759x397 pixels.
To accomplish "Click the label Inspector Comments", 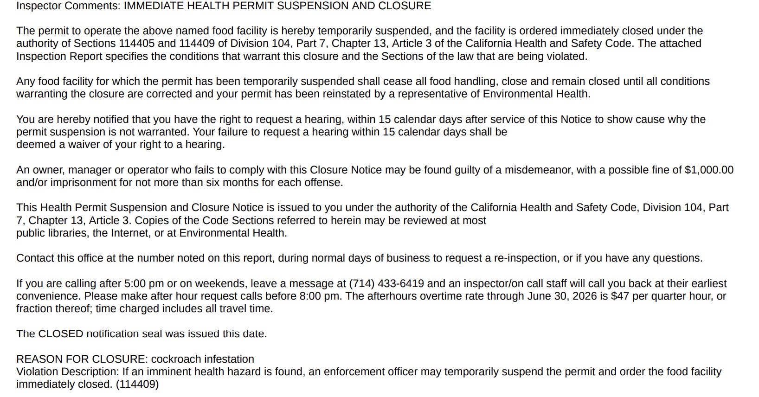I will click(68, 6).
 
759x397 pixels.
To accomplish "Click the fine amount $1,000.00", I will click(709, 170).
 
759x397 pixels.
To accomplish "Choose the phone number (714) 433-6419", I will click(386, 284).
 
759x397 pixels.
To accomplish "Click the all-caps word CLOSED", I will click(60, 334).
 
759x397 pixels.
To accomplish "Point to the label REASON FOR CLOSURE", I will click(81, 359).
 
